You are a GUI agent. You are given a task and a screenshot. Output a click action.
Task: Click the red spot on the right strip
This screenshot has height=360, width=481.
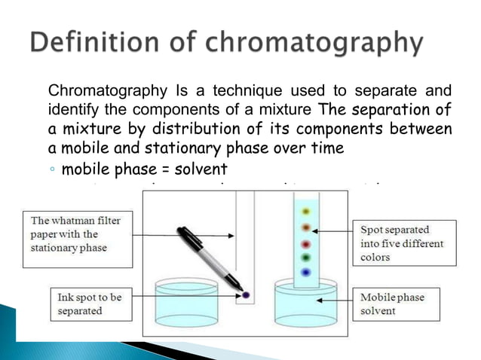click(x=305, y=245)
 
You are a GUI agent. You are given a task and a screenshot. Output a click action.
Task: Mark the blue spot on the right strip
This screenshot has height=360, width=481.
click(x=305, y=273)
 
